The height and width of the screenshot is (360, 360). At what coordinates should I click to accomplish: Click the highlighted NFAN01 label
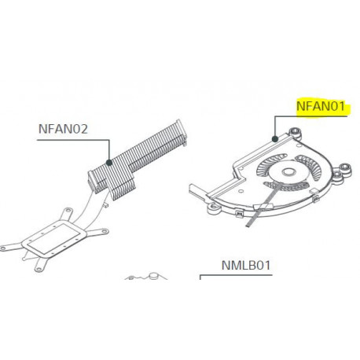click(321, 106)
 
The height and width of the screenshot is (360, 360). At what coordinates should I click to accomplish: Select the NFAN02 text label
click(63, 129)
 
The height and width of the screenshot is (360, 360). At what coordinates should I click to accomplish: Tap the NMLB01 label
click(246, 266)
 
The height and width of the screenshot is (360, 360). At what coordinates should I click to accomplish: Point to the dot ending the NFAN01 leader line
click(275, 139)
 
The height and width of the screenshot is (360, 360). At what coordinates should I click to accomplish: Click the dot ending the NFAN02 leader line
click(109, 163)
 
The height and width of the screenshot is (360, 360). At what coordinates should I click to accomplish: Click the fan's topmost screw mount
click(295, 131)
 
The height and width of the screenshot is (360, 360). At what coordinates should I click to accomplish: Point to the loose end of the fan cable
click(248, 225)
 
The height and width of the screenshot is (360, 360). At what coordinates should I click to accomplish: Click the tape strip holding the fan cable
click(263, 207)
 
